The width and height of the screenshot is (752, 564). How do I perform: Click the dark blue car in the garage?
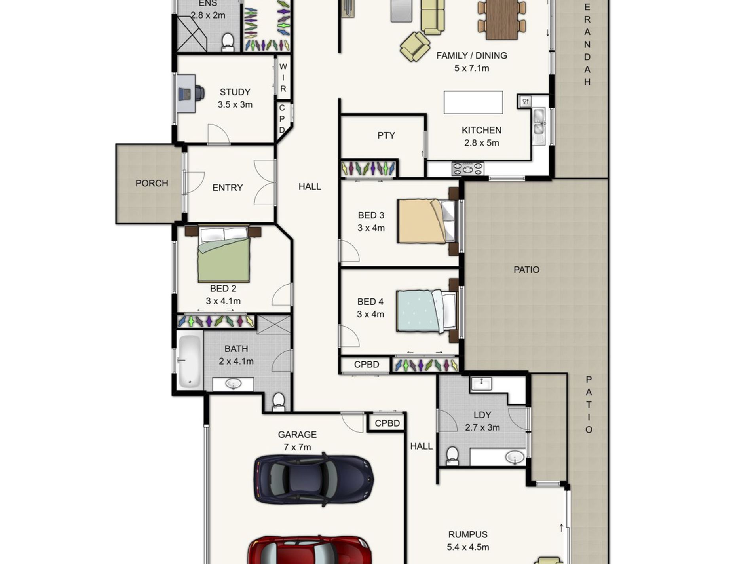313,479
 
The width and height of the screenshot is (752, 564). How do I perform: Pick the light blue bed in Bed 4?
422,311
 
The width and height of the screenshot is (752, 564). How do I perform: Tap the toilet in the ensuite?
228,42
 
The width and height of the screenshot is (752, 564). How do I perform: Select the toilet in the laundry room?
452,456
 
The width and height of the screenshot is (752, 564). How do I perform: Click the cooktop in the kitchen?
467,169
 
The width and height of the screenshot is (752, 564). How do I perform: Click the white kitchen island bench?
473,103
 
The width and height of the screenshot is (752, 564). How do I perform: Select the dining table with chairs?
501,19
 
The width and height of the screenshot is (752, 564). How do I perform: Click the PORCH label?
152,183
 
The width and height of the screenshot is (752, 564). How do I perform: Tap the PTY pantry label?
386,135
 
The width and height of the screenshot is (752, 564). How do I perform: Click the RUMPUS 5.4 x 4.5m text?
468,541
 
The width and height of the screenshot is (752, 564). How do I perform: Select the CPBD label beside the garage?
387,423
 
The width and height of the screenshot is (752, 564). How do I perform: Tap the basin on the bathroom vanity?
234,384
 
